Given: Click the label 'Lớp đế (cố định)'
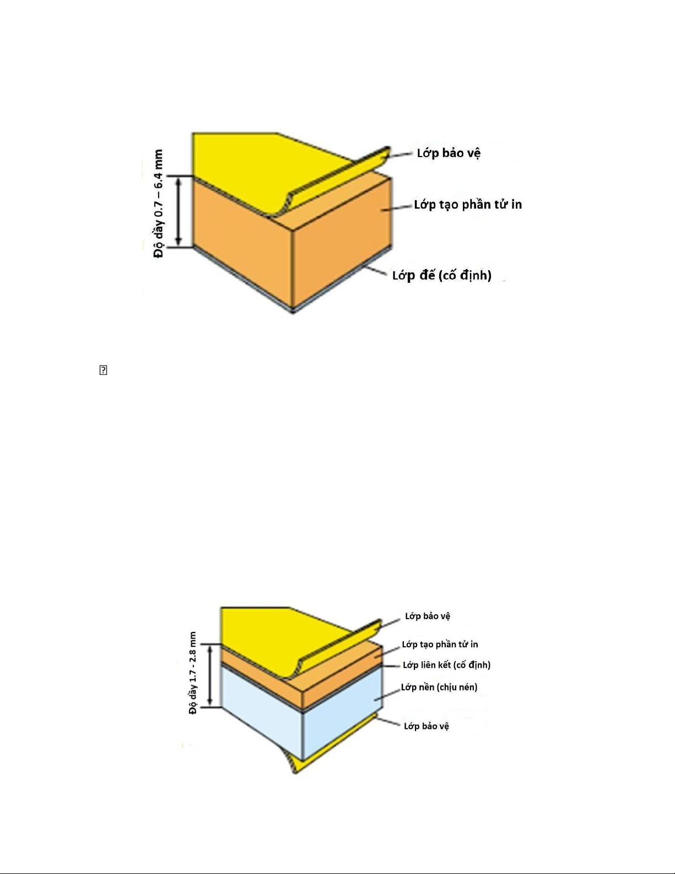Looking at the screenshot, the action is pos(441,276).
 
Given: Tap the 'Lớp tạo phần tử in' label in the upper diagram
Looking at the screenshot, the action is pos(468,205).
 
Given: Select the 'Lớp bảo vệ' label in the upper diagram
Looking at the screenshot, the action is pos(449,153).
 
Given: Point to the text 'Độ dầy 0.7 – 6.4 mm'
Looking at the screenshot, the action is pos(159,203).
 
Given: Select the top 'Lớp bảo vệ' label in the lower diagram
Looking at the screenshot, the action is pos(428,616).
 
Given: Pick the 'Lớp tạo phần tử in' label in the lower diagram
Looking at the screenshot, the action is pos(440,645).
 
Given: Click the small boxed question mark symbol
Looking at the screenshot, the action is pos(103,370).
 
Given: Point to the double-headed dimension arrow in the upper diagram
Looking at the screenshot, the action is pos(179,212).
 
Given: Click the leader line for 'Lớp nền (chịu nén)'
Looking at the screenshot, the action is pos(387,694).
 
